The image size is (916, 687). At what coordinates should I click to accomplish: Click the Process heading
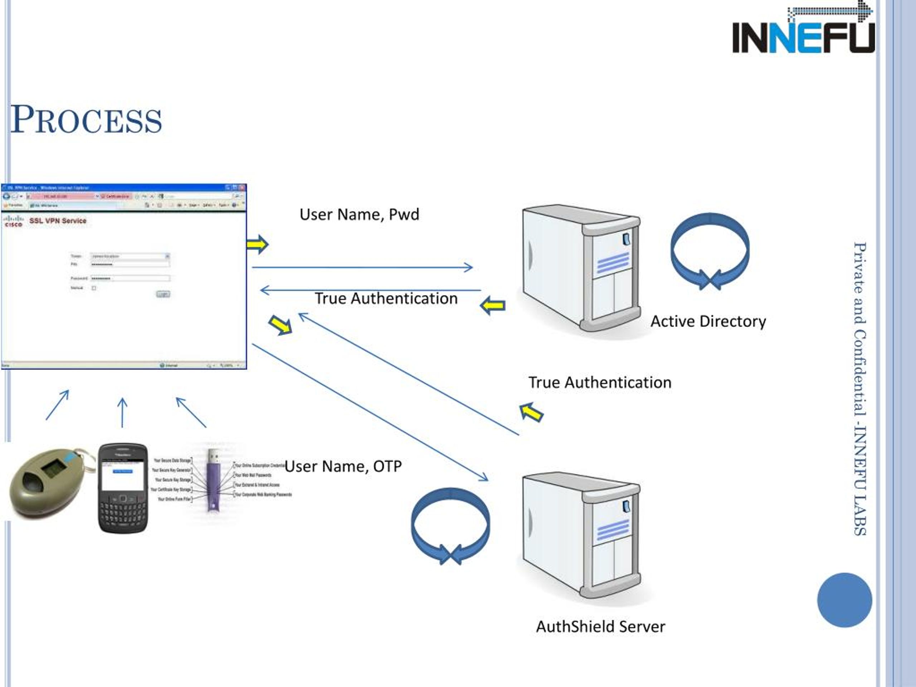pyautogui.click(x=86, y=120)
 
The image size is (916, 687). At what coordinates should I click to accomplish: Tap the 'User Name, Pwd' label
pyautogui.click(x=359, y=214)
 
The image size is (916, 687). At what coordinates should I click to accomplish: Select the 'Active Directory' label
pyautogui.click(x=708, y=321)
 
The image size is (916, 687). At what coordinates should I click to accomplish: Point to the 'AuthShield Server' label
pyautogui.click(x=600, y=627)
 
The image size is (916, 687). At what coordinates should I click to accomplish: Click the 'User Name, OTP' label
pyautogui.click(x=343, y=466)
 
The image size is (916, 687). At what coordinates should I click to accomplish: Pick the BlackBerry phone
pyautogui.click(x=123, y=488)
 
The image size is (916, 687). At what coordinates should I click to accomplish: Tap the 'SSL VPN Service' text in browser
pyautogui.click(x=58, y=221)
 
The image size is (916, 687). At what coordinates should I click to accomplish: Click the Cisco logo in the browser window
pyautogui.click(x=13, y=221)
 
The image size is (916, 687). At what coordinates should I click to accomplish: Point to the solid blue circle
pyautogui.click(x=844, y=600)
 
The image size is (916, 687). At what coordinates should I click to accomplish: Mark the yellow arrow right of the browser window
pyautogui.click(x=257, y=244)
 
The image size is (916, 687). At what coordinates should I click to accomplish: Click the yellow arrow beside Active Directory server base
pyautogui.click(x=492, y=306)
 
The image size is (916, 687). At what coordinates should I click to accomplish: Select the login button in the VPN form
pyautogui.click(x=163, y=294)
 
